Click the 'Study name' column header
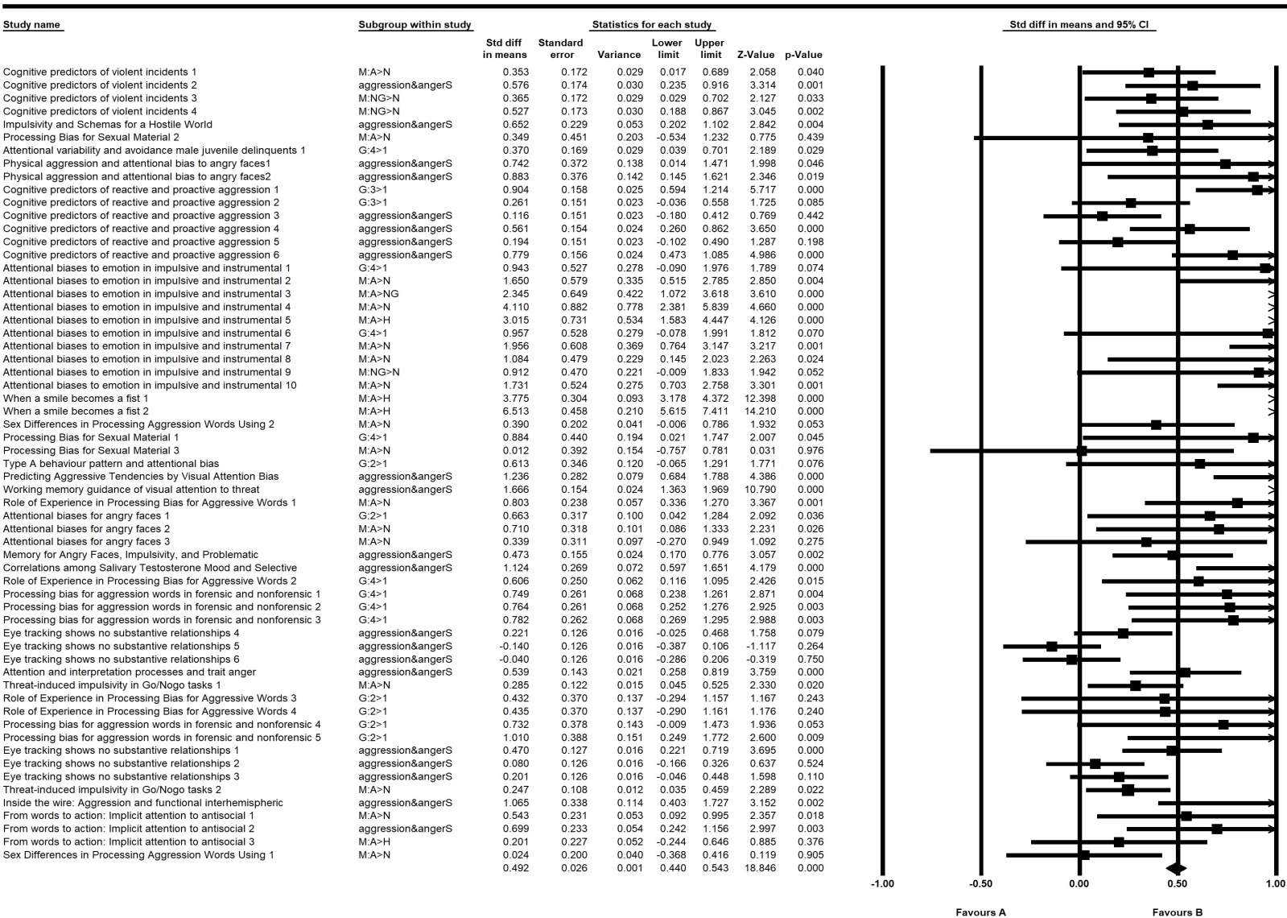32,24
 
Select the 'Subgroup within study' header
415,24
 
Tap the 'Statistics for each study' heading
651,24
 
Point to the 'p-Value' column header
803,55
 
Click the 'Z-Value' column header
755,55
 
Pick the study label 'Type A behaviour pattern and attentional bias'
111,464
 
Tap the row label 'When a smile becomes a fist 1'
76,399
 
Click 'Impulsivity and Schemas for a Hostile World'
108,125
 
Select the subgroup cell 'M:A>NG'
378,294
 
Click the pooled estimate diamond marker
1176,868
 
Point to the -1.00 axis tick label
882,883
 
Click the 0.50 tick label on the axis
1177,883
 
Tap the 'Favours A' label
980,912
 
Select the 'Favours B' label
1177,912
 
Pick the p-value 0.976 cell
810,451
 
